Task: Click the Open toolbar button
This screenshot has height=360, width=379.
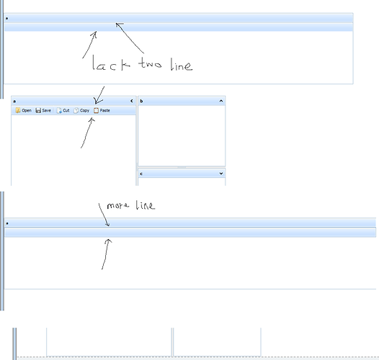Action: pos(24,110)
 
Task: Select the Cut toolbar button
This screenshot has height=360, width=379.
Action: pos(63,110)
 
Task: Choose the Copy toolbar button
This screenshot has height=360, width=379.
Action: pos(81,110)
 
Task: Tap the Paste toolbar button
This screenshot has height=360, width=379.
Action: pos(102,110)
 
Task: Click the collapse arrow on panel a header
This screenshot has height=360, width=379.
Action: pos(132,101)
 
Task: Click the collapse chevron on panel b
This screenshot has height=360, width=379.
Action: pos(221,101)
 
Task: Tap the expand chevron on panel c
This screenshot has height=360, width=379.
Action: pos(221,174)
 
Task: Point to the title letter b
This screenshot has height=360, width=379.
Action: pos(141,101)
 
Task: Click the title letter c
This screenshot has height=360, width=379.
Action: pos(141,174)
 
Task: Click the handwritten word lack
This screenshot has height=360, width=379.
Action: pos(111,63)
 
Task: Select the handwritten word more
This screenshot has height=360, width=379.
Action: pos(117,206)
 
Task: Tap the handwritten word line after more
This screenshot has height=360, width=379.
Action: pos(145,205)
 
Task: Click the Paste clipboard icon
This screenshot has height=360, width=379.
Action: pos(97,110)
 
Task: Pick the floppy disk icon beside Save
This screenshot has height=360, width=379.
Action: pos(38,110)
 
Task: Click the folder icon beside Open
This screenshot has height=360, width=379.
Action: pos(18,110)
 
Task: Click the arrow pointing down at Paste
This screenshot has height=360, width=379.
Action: pos(99,95)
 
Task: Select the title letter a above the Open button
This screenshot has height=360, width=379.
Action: pos(14,102)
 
